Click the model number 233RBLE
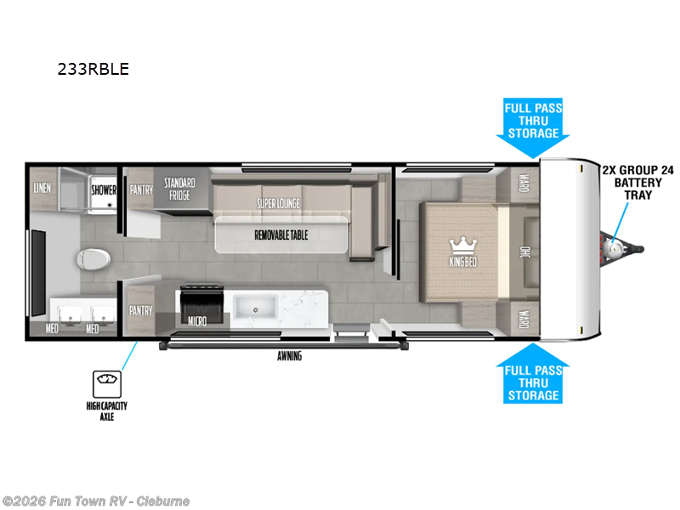coord(93,70)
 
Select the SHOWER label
coord(104,190)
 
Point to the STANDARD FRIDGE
coord(179,189)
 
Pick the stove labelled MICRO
coord(201,306)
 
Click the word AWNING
coord(289,356)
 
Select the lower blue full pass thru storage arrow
coord(533,377)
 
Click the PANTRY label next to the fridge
coord(140,190)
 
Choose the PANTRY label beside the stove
coord(140,311)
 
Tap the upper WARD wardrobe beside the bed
coord(524,184)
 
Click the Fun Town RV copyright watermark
coord(95,501)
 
